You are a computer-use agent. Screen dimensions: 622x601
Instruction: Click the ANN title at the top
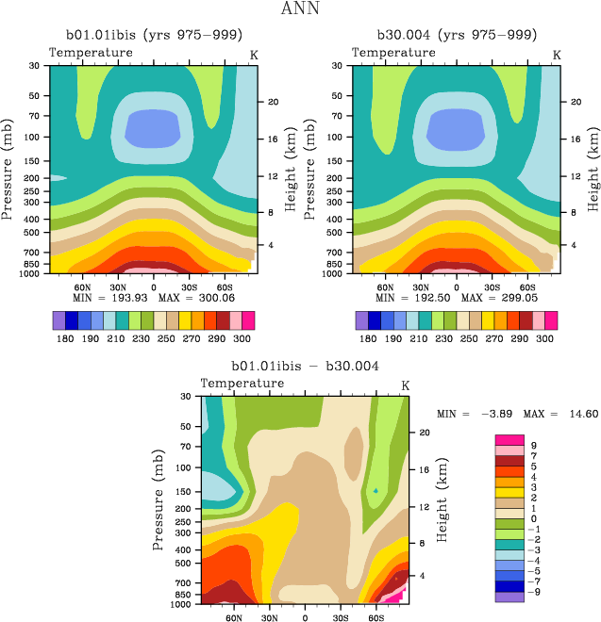pyautogui.click(x=301, y=9)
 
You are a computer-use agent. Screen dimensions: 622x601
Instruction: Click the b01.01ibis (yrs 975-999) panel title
pyautogui.click(x=153, y=35)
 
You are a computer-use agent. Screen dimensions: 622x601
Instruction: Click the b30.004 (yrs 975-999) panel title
pyautogui.click(x=457, y=35)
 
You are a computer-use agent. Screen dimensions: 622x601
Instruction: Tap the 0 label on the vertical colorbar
pyautogui.click(x=534, y=518)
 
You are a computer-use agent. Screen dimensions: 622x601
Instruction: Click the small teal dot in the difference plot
pyautogui.click(x=376, y=490)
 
